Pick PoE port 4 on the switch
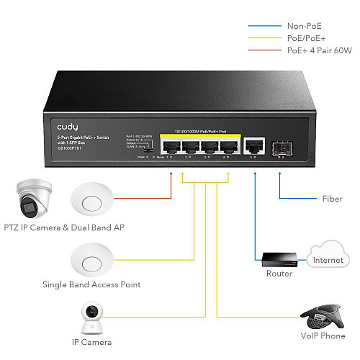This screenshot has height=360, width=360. tap(229, 147)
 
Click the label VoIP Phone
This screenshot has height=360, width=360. tap(323, 335)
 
